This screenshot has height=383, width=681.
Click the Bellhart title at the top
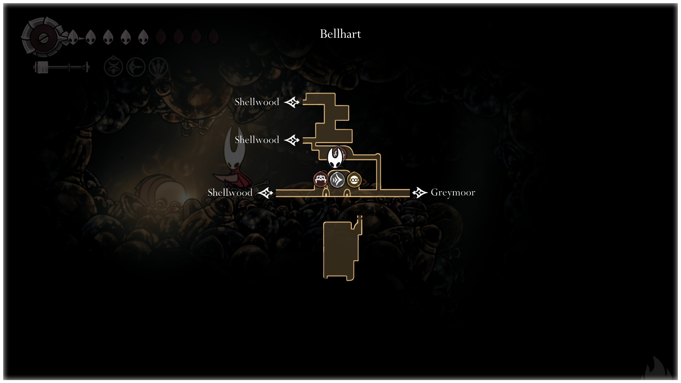[340, 34]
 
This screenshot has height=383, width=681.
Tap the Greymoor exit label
[453, 192]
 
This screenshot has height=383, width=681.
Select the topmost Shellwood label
[257, 102]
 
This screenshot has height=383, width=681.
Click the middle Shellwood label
[257, 140]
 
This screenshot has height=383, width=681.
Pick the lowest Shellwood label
[230, 193]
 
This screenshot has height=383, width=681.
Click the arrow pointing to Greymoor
[420, 193]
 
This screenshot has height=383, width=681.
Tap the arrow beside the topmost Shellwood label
[292, 102]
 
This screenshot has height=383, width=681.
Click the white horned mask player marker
[335, 157]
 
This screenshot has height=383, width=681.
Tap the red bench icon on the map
[320, 180]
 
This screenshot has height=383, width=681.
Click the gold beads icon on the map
[354, 180]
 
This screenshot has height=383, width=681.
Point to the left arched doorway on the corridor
[326, 193]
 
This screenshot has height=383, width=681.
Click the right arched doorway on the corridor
[347, 193]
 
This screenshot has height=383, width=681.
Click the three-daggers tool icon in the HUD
[158, 67]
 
